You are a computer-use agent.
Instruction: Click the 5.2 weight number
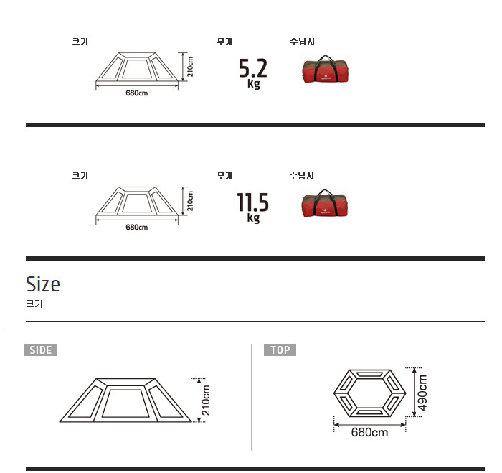point(253,68)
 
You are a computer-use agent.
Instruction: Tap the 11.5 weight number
point(252,202)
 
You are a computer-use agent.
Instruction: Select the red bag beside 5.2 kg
point(326,69)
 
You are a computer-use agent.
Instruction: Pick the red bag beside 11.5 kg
point(325,204)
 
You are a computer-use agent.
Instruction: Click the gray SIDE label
point(41,350)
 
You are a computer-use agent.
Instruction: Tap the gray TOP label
point(280,350)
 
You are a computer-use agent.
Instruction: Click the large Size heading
point(43,284)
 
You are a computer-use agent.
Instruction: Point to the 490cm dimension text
point(423,393)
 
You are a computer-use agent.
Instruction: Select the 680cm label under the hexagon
point(369,432)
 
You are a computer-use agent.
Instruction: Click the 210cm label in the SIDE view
point(207,401)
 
